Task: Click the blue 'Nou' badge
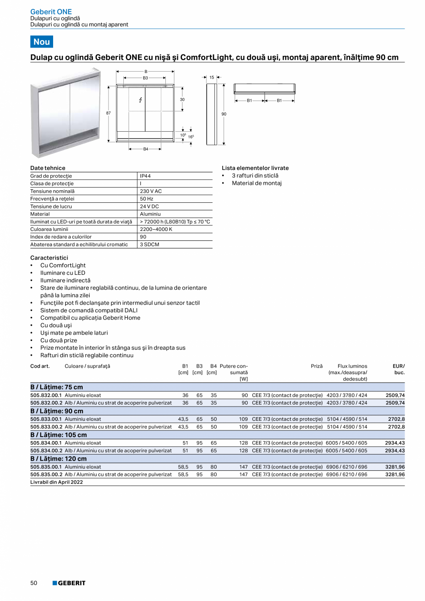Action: (42, 42)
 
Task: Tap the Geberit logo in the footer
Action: (69, 583)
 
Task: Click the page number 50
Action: (34, 583)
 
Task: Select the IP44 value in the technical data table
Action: (145, 176)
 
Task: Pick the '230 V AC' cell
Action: (151, 191)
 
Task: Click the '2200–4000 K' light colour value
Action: (157, 229)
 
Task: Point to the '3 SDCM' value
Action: (149, 244)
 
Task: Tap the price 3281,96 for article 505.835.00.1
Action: (395, 467)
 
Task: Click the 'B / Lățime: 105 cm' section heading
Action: (59, 435)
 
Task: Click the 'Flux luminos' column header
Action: (352, 366)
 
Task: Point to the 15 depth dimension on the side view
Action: (212, 78)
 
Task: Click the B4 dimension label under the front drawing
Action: (146, 149)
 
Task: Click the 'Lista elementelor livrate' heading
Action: (255, 168)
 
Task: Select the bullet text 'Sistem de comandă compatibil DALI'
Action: (84, 310)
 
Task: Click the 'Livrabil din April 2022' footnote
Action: (57, 482)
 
